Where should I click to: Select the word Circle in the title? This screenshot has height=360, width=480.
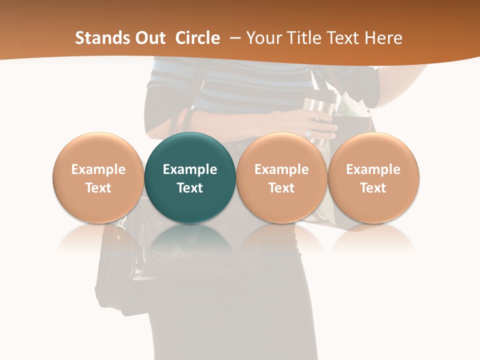[197, 38]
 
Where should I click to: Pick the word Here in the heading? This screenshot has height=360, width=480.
[384, 38]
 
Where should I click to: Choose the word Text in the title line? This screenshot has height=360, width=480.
[344, 38]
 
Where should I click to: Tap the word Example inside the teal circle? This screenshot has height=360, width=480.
[190, 169]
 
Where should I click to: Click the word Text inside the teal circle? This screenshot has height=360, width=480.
[190, 188]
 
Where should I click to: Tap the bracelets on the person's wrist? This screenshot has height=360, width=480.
[186, 120]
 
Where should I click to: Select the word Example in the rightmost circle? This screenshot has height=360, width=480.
[373, 169]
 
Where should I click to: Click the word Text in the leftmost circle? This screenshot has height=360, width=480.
[98, 188]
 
